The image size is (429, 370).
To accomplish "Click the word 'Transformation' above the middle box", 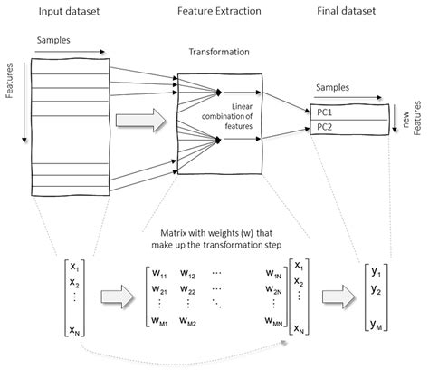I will click(x=221, y=54).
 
